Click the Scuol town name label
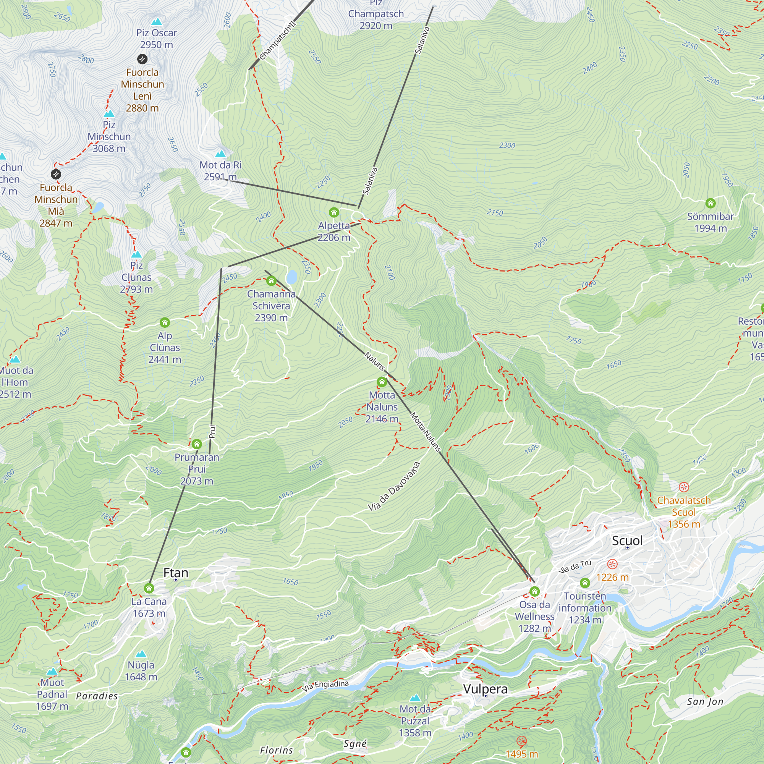point(627,541)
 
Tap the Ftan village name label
point(176,573)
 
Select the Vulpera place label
point(485,689)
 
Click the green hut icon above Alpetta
point(334,212)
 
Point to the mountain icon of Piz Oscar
point(157,21)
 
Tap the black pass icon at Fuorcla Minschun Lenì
point(142,59)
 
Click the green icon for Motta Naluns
point(382,382)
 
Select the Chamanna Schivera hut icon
point(271,281)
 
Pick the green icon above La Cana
point(149,588)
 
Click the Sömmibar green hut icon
point(710,203)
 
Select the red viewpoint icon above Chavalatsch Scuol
point(684,487)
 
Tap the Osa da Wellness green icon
point(534,591)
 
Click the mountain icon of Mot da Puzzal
point(415,698)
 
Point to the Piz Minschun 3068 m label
point(109,136)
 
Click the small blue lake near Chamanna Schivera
point(292,277)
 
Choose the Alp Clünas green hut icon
point(165,322)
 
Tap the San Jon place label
point(705,701)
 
